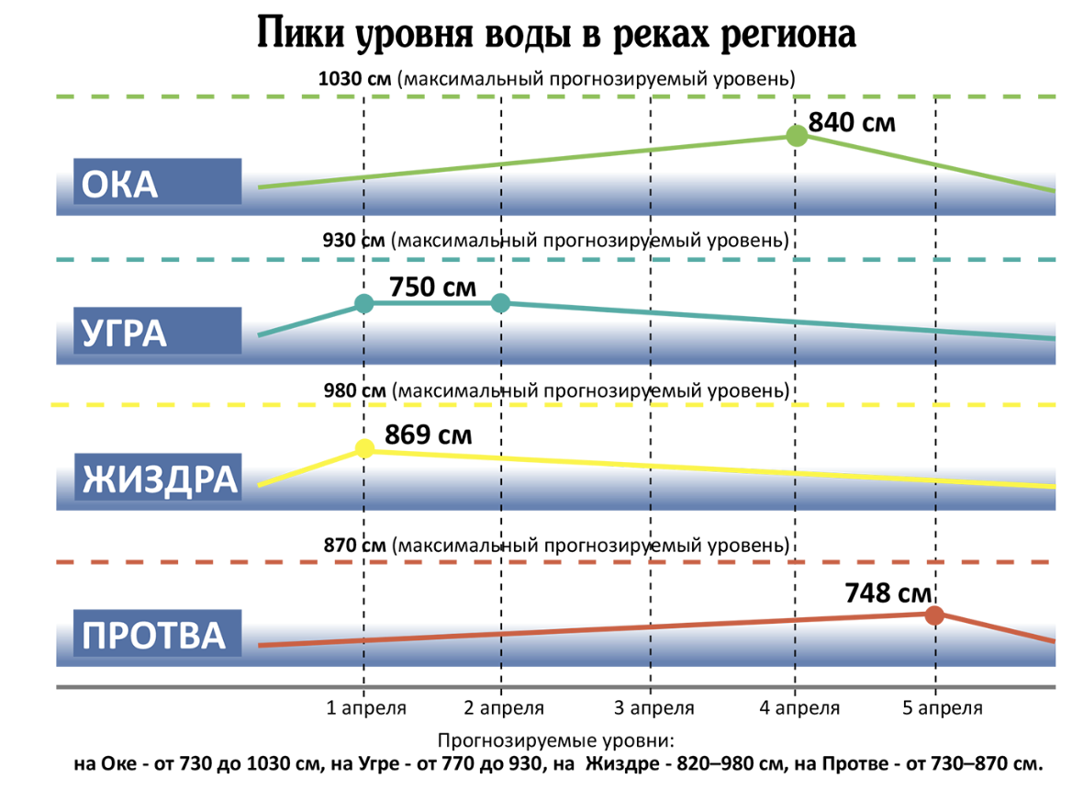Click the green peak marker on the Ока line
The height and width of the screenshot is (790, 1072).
coord(798,136)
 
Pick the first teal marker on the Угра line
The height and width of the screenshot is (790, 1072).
coord(364,303)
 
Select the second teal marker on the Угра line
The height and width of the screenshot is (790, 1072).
coord(500,303)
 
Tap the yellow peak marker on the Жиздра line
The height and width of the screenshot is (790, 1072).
coord(364,448)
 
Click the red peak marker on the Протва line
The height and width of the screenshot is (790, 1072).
coord(934,615)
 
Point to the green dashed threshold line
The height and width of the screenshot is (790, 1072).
coord(551,96)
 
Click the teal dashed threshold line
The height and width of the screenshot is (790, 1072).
coord(551,260)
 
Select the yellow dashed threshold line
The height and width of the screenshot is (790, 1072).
coord(551,404)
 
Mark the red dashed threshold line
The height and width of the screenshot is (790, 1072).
coord(551,561)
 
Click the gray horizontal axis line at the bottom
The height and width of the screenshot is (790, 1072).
coord(551,686)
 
